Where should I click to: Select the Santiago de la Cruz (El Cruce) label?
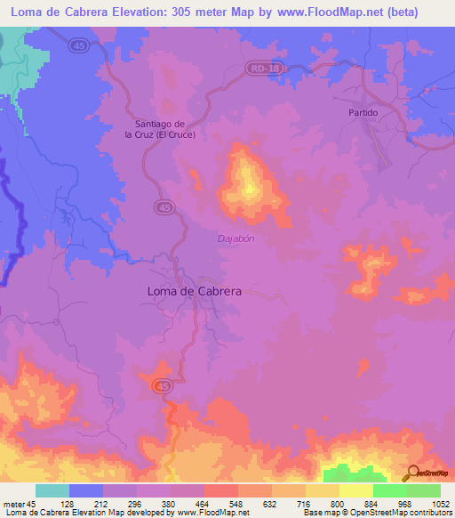click(171, 129)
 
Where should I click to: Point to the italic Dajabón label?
click(236, 239)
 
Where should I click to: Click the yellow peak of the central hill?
click(250, 188)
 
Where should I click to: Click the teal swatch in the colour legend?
click(52, 490)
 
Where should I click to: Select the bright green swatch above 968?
click(390, 490)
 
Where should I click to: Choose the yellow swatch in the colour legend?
click(356, 490)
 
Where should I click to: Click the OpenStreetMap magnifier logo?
click(412, 473)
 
